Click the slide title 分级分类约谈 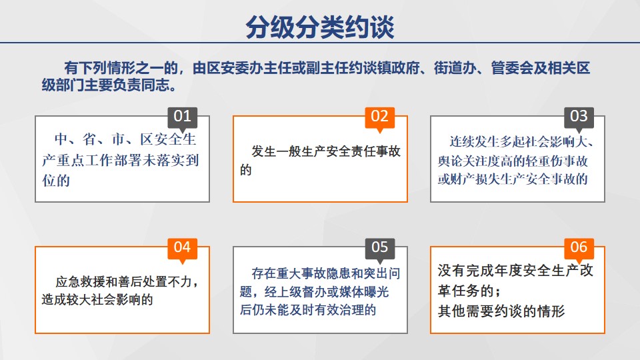[x=319, y=27]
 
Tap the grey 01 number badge [x=183, y=117]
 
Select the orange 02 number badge [x=379, y=117]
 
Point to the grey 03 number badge [x=579, y=117]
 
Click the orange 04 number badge [x=183, y=248]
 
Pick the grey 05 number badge [x=379, y=248]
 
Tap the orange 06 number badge [x=579, y=248]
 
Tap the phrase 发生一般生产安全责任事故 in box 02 [x=326, y=151]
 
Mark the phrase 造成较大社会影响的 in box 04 [x=97, y=299]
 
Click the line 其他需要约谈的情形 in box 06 [x=501, y=311]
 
